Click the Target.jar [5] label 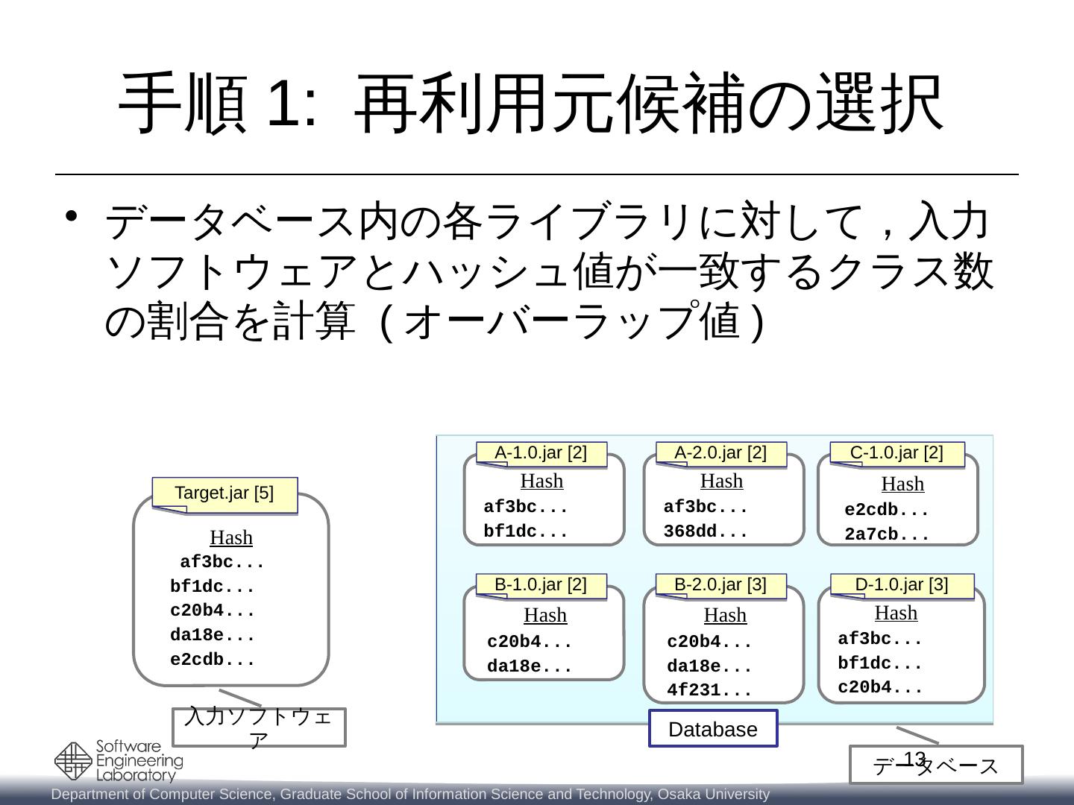click(224, 493)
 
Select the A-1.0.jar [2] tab click(541, 453)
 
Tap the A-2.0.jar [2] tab click(720, 453)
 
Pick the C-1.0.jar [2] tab click(896, 453)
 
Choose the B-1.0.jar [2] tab click(541, 585)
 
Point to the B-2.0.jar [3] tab click(720, 585)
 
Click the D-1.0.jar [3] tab click(902, 585)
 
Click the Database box click(713, 729)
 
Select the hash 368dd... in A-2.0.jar click(706, 532)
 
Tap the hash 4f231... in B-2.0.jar click(709, 690)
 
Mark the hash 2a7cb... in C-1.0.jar click(887, 534)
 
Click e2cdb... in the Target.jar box click(213, 660)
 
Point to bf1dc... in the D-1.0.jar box click(880, 663)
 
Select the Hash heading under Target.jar click(231, 538)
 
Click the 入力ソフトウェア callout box click(259, 727)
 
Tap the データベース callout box click(936, 765)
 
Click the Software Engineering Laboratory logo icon click(73, 761)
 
